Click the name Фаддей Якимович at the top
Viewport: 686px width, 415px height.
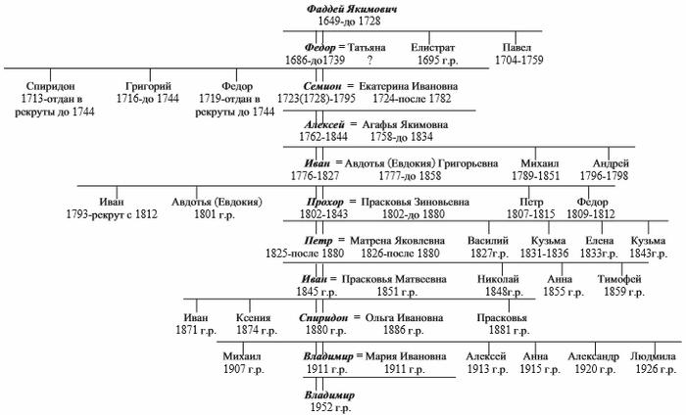pos(352,9)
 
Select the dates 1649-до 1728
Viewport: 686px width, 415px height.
pos(349,21)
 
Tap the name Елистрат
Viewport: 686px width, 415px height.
pos(433,48)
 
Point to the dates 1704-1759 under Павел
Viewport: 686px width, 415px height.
pos(518,60)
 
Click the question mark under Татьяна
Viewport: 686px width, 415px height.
pos(370,61)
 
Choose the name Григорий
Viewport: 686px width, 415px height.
pos(148,86)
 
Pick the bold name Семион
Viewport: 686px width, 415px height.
pos(322,86)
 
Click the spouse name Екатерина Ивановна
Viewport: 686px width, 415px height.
pos(409,86)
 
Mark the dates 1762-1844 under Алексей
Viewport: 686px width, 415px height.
pos(323,137)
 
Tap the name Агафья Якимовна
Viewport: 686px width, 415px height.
pos(405,125)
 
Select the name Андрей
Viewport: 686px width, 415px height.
pos(611,163)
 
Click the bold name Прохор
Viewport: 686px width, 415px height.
pos(325,203)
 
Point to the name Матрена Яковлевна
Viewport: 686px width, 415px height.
pos(397,241)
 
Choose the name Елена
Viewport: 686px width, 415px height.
pos(600,241)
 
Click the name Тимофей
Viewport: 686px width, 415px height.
pos(619,279)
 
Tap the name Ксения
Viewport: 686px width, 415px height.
pos(253,317)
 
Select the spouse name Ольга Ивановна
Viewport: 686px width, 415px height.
pos(404,317)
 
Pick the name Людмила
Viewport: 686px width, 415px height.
pos(654,356)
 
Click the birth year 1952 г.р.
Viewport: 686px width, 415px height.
pos(331,407)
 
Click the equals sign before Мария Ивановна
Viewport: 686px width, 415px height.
pos(360,356)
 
